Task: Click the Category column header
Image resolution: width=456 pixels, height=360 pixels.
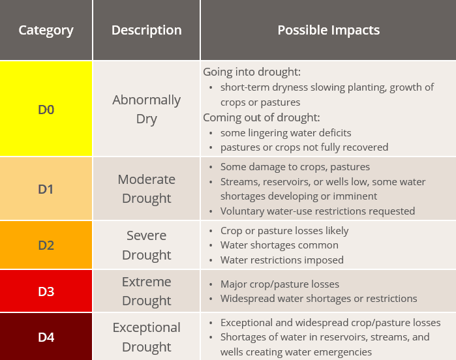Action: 46,30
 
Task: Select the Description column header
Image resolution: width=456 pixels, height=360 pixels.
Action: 146,30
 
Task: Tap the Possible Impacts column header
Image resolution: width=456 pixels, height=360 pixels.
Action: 328,30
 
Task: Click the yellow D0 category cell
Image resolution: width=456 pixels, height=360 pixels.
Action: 46,109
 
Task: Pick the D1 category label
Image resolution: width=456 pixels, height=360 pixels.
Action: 46,189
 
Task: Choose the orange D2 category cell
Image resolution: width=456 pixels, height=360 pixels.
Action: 46,245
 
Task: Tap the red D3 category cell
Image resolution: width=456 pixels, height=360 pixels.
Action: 46,291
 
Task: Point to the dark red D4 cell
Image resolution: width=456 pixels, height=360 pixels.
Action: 46,337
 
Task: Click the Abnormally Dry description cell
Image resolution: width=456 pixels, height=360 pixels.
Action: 146,109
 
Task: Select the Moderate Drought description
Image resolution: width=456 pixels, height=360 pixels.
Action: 146,188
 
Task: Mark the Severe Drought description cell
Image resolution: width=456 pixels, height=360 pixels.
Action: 146,245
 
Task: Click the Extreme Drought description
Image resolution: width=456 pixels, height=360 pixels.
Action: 146,291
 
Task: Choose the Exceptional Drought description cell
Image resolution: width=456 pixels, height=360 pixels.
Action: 146,337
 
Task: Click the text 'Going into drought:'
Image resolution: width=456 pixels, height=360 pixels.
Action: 252,72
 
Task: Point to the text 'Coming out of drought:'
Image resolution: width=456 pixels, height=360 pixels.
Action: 261,117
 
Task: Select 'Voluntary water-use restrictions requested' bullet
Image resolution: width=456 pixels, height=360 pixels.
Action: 318,211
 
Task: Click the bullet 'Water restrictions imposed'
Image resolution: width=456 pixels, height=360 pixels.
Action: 282,260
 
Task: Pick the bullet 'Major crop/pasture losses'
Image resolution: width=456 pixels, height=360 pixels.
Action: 280,284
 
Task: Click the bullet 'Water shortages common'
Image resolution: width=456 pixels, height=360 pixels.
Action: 279,245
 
